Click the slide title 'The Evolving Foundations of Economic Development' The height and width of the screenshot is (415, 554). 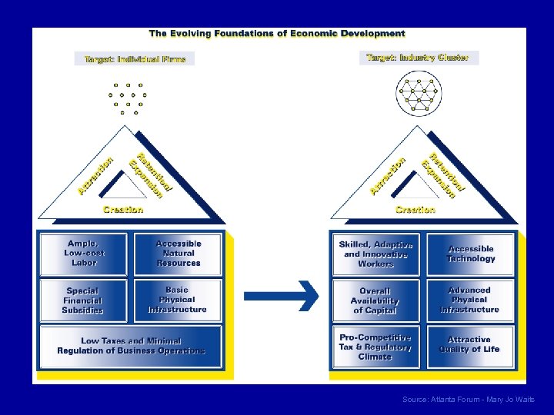tap(277, 34)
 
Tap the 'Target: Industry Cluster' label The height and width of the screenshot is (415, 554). tap(418, 58)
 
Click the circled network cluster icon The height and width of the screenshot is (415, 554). tap(418, 95)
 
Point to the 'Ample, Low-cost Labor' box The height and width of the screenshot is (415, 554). tap(85, 254)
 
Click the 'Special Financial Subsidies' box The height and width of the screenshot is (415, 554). tap(83, 300)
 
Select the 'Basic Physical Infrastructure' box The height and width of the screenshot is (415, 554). tap(177, 300)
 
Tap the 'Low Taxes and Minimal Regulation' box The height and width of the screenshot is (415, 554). tap(131, 346)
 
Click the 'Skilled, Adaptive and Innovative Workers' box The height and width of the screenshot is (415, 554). tap(375, 254)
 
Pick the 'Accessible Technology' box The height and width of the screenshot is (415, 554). tap(471, 254)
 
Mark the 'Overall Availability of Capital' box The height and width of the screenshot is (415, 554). tap(375, 300)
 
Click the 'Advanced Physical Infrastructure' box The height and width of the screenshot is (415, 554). tap(470, 300)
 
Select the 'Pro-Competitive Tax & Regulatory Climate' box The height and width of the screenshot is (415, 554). tap(375, 347)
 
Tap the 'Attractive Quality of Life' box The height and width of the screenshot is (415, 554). tap(469, 345)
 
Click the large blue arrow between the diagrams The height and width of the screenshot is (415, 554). tap(282, 294)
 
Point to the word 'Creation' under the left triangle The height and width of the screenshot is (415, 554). tap(123, 210)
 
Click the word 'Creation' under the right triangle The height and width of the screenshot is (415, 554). tap(415, 210)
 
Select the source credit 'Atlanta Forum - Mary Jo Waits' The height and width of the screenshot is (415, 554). tap(468, 400)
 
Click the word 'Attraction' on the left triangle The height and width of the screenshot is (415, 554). tap(95, 176)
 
